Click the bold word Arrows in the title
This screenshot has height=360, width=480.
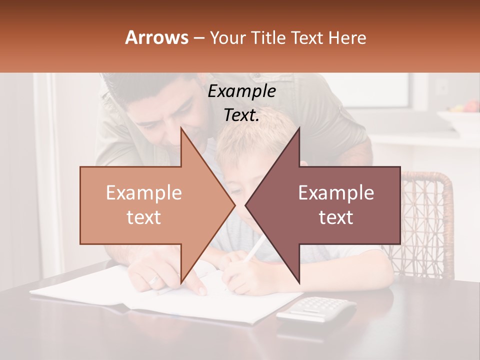pos(157,37)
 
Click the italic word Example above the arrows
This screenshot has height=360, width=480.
pos(242,91)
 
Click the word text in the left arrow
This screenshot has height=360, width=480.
pos(144,217)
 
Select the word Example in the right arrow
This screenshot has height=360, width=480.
pos(336,192)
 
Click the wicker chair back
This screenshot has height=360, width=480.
pos(427,220)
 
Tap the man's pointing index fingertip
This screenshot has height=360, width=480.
pos(201,291)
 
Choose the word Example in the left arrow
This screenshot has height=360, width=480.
pos(144,192)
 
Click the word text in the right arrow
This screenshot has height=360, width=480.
pos(336,217)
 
